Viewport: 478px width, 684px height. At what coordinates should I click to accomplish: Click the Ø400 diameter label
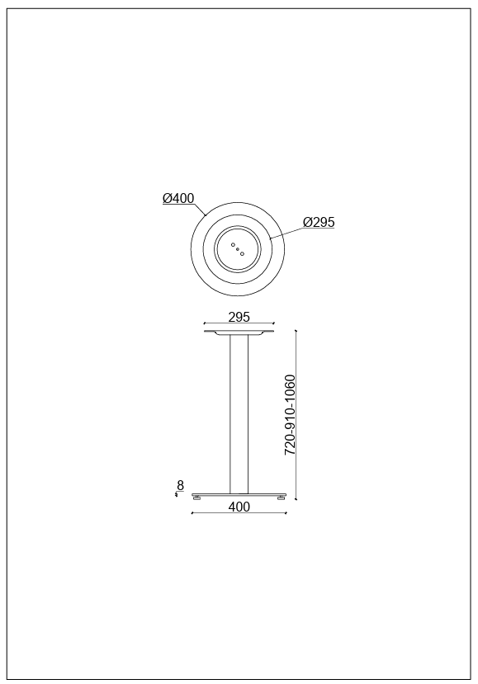point(178,199)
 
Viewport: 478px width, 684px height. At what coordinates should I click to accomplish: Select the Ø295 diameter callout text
point(319,222)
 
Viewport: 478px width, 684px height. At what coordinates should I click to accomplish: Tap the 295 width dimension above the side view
point(239,317)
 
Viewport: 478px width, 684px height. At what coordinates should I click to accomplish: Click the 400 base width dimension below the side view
point(239,507)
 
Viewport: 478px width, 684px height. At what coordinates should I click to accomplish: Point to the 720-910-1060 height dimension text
point(291,415)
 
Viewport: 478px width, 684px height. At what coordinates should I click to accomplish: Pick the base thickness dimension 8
point(180,485)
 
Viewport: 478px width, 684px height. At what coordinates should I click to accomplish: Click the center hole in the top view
point(238,249)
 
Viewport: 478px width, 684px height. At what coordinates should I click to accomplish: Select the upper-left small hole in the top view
point(233,245)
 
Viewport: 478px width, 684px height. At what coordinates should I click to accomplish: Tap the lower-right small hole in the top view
point(242,253)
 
